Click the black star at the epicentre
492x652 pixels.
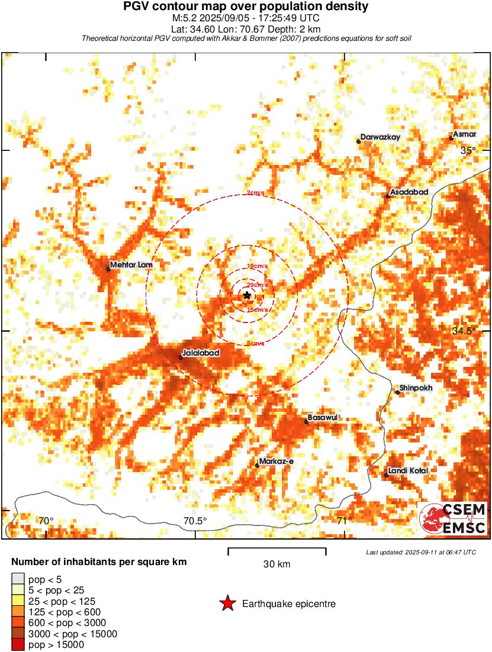coord(247,295)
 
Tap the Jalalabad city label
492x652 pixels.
coord(201,353)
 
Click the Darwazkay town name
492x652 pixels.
coord(381,137)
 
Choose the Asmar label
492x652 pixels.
coord(464,134)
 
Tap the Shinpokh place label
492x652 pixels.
coord(416,388)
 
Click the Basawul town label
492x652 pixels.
coord(323,418)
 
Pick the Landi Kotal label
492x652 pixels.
coord(407,471)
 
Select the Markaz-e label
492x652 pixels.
coord(273,461)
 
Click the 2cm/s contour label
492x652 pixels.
coord(255,193)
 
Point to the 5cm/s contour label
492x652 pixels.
coord(255,344)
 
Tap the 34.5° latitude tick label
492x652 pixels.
coord(464,331)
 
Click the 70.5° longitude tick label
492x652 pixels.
coord(195,521)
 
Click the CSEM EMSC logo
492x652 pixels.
coord(453,519)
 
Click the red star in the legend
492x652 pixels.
coord(227,604)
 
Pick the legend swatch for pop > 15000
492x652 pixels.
coord(18,644)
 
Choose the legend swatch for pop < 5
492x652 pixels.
coord(18,579)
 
